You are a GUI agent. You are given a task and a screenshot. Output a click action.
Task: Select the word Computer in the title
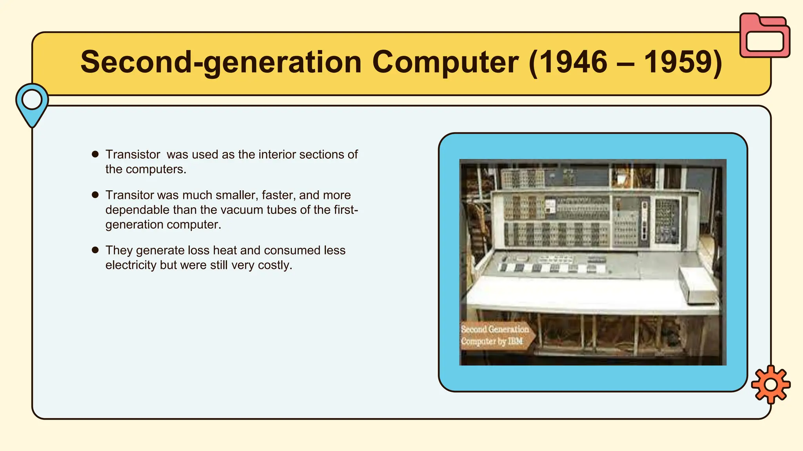click(445, 62)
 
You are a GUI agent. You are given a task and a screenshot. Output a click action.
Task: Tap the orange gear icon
click(770, 384)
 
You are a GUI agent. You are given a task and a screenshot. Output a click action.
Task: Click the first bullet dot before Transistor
click(95, 154)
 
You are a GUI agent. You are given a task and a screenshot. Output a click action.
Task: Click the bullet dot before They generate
click(95, 250)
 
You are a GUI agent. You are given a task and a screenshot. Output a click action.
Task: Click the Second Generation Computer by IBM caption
click(495, 335)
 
